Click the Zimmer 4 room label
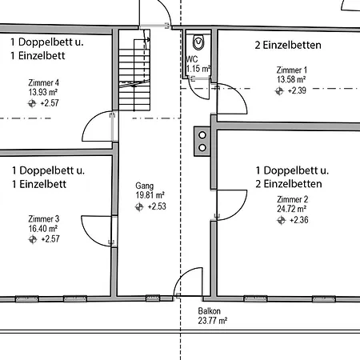coord(43,82)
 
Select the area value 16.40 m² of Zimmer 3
coord(43,228)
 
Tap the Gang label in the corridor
coord(144,185)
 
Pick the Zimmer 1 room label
coord(291,70)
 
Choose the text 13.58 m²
coord(291,80)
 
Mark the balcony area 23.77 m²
coord(212,320)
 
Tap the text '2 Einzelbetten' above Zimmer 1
coord(287,45)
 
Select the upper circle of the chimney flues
coord(202,135)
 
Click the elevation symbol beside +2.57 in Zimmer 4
coord(33,103)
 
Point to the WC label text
coord(192,59)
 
